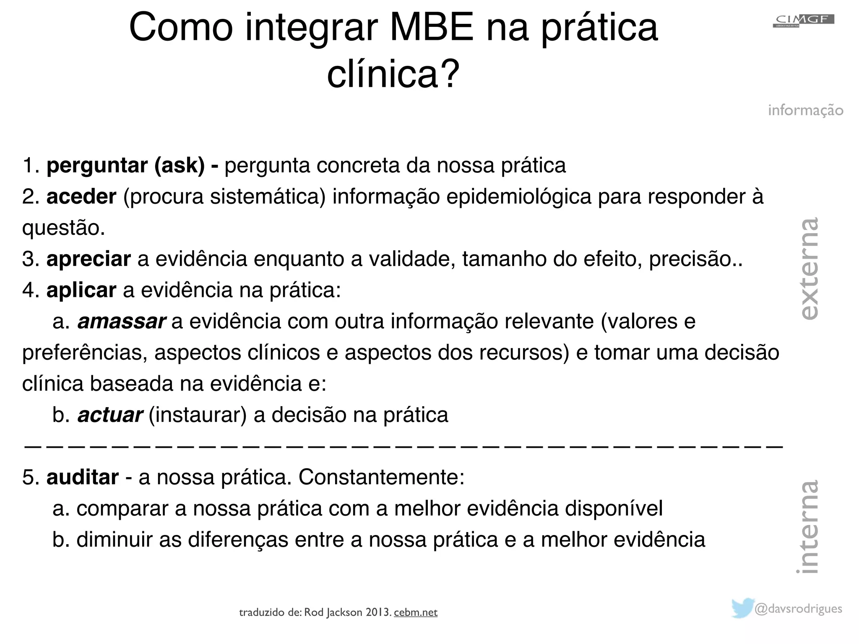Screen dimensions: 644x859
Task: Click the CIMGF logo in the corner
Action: [803, 21]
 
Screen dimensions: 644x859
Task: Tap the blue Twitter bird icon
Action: [743, 608]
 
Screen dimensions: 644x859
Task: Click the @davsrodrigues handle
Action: [799, 608]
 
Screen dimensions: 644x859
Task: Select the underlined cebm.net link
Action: [416, 613]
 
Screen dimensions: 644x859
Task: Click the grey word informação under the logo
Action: [805, 110]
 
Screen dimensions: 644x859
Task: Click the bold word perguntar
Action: [97, 165]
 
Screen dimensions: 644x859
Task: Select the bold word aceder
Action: [81, 197]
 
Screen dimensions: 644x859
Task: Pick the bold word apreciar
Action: [89, 259]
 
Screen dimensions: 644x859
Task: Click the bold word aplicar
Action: [81, 290]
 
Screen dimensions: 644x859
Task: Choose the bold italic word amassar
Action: [122, 322]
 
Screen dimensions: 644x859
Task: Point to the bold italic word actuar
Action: [110, 415]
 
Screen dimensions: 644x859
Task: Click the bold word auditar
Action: [83, 477]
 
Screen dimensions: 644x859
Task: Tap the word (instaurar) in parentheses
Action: [198, 415]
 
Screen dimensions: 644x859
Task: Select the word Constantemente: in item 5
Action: [381, 477]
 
